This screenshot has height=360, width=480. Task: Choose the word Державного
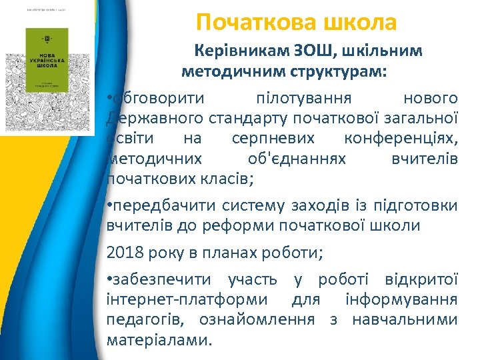pyautogui.click(x=149, y=119)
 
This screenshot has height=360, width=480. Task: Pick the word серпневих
pyautogui.click(x=271, y=139)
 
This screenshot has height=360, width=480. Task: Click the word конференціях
pyautogui.click(x=401, y=139)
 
